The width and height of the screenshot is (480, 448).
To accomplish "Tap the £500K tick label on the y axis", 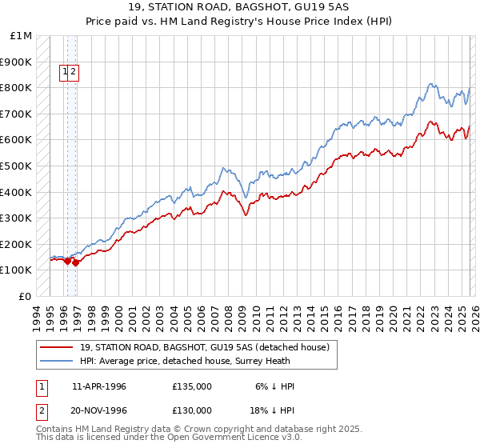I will [16, 166].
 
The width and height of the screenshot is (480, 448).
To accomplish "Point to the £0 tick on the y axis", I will [25, 296].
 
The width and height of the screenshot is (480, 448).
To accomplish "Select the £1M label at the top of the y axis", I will [22, 36].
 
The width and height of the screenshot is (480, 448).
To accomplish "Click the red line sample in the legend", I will [56, 346].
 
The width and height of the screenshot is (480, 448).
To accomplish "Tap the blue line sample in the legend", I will [56, 360].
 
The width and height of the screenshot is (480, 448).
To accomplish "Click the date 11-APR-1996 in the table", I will [99, 386].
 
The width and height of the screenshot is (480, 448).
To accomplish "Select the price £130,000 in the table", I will [192, 412].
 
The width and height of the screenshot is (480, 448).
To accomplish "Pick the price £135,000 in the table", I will [192, 386].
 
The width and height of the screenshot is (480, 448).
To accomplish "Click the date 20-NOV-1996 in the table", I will [100, 412].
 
